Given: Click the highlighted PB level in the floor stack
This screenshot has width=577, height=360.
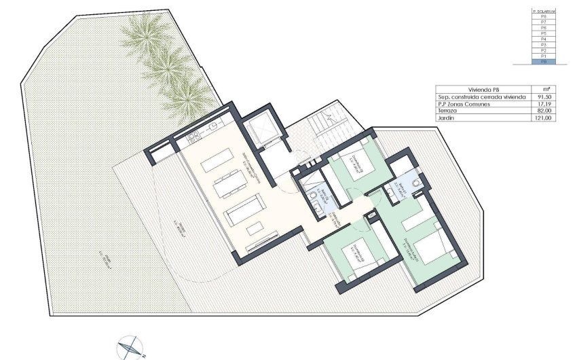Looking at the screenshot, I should [543, 62].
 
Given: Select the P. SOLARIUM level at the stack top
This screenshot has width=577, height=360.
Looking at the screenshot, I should [543, 12].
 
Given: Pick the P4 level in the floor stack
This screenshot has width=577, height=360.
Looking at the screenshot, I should [543, 38].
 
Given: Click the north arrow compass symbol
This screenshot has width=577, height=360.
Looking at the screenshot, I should [130, 347].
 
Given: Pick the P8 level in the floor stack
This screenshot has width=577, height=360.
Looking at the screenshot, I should [543, 17].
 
